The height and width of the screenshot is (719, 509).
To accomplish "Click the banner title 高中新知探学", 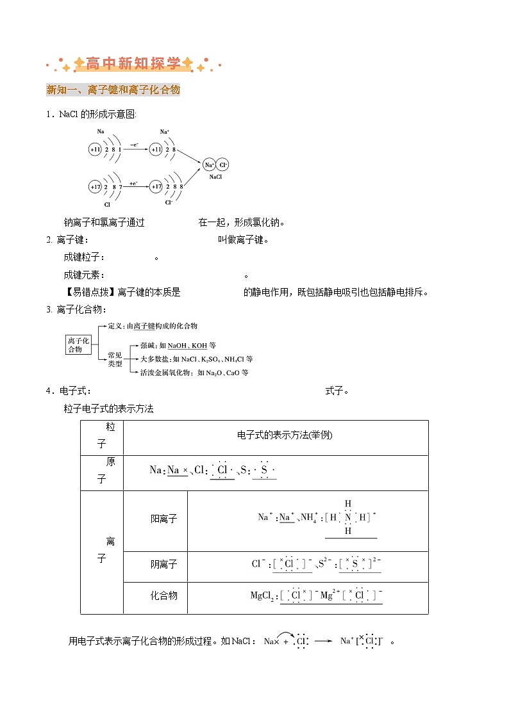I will (x=133, y=63).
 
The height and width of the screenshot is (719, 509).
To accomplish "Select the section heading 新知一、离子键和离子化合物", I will (x=113, y=90).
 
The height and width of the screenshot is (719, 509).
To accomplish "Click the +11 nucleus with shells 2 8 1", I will (x=96, y=149).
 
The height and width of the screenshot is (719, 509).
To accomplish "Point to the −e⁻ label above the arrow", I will (x=134, y=145).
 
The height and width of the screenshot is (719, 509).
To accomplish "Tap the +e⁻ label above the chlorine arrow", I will (x=134, y=182).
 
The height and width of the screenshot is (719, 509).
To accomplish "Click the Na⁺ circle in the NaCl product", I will (x=209, y=165).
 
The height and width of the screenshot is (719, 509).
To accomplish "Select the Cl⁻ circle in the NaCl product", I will (x=222, y=165).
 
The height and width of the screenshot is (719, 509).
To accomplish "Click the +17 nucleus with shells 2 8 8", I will (x=156, y=187).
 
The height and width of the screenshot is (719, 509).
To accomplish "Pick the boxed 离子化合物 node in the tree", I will (x=79, y=345).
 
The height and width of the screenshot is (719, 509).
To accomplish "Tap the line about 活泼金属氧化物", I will (x=194, y=373).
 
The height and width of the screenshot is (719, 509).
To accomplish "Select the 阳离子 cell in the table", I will (x=163, y=519).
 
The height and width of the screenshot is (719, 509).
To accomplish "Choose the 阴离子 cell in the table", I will (x=163, y=565).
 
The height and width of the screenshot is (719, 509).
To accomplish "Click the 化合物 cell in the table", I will (x=163, y=595).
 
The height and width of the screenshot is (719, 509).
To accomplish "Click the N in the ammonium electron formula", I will (x=348, y=517).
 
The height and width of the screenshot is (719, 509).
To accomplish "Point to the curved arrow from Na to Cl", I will (x=286, y=634).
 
